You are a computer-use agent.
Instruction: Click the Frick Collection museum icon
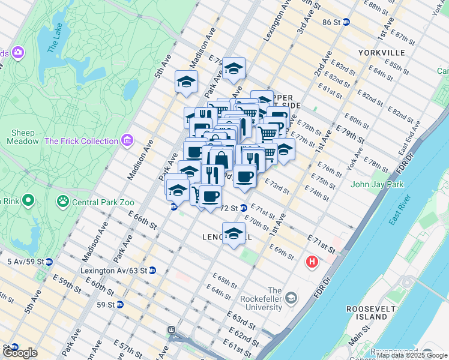127,141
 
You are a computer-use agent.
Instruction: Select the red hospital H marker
312,262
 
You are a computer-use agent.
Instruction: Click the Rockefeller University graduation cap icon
291,298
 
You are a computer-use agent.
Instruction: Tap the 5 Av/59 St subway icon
49,262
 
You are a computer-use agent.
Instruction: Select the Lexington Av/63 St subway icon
152,270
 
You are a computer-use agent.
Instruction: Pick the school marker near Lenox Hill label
234,234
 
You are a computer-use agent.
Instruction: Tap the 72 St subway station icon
244,208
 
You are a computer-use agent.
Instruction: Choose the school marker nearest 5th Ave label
187,82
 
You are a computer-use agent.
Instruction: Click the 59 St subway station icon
119,304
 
